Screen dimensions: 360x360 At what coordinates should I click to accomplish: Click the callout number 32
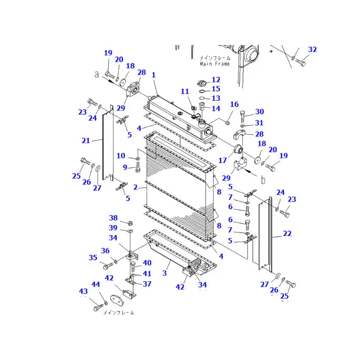point(312,49)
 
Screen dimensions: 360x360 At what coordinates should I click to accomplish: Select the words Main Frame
point(215,64)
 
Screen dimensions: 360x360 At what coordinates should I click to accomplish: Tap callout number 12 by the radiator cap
point(216,80)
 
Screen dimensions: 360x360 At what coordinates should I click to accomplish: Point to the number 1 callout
point(153,76)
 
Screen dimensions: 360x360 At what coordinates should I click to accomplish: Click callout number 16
point(234,104)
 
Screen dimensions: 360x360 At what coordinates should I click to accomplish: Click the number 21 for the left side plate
point(85,140)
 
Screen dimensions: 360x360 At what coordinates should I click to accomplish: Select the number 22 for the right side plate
point(287,234)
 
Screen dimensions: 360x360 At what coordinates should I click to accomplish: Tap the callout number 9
point(125,167)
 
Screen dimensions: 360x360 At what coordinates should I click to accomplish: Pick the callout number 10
point(121,156)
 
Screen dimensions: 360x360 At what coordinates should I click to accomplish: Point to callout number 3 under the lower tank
point(165,273)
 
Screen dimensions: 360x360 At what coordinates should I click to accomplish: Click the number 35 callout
point(93,258)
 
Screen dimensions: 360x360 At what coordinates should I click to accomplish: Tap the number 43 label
point(84,292)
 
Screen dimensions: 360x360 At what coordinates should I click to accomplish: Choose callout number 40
point(147,263)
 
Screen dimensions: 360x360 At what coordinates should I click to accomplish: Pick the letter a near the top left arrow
point(96,75)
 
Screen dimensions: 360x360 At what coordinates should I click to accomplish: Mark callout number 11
point(185,91)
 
